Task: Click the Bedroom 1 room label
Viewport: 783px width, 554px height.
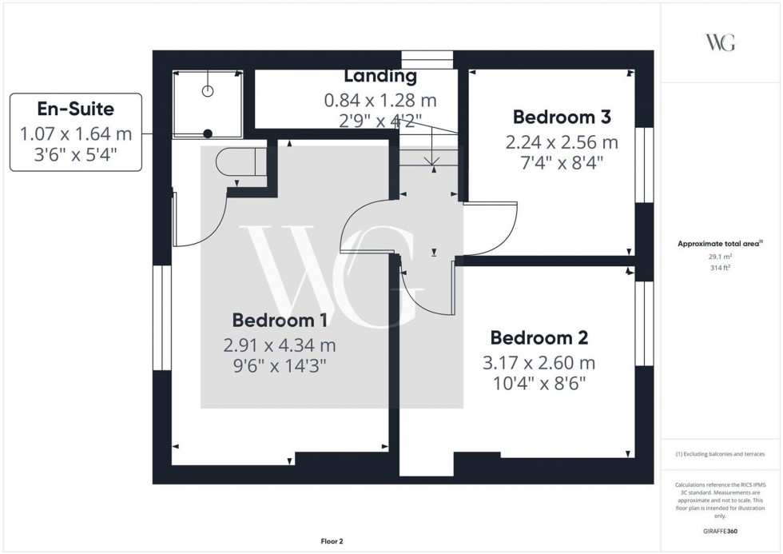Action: click(x=279, y=321)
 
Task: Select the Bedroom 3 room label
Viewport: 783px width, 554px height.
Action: click(x=562, y=118)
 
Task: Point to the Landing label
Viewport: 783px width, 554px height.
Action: click(x=380, y=77)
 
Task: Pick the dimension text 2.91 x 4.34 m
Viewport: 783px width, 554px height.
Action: click(x=279, y=345)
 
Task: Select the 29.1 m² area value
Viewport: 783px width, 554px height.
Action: click(x=721, y=257)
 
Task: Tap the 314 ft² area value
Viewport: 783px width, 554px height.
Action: click(x=721, y=269)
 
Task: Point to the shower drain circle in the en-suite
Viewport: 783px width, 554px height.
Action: click(x=208, y=134)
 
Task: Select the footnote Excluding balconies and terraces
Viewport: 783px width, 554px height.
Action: click(x=720, y=454)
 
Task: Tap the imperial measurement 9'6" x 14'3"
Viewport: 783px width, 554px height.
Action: click(x=279, y=367)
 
